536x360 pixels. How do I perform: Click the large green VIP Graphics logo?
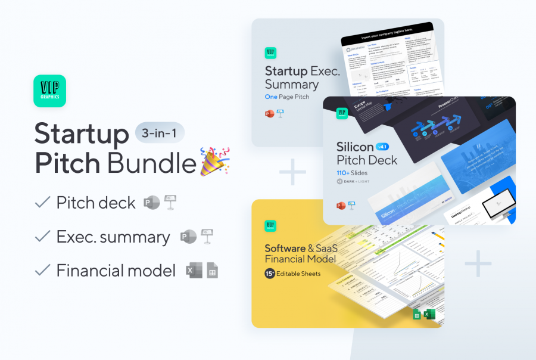[x=50, y=91]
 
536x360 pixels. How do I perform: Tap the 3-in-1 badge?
[x=160, y=132]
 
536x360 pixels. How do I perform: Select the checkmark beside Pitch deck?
[x=42, y=203]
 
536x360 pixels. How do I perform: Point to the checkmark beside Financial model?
[x=42, y=271]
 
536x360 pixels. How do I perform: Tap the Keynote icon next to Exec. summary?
[x=207, y=237]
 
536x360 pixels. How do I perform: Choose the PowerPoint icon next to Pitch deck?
[x=151, y=203]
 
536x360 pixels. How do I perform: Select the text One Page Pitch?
[x=287, y=97]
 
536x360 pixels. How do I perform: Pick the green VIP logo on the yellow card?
[x=270, y=226]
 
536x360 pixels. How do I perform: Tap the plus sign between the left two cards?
[x=292, y=173]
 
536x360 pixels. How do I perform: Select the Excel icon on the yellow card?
[x=429, y=314]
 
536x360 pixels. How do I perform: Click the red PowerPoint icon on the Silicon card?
[x=341, y=206]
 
